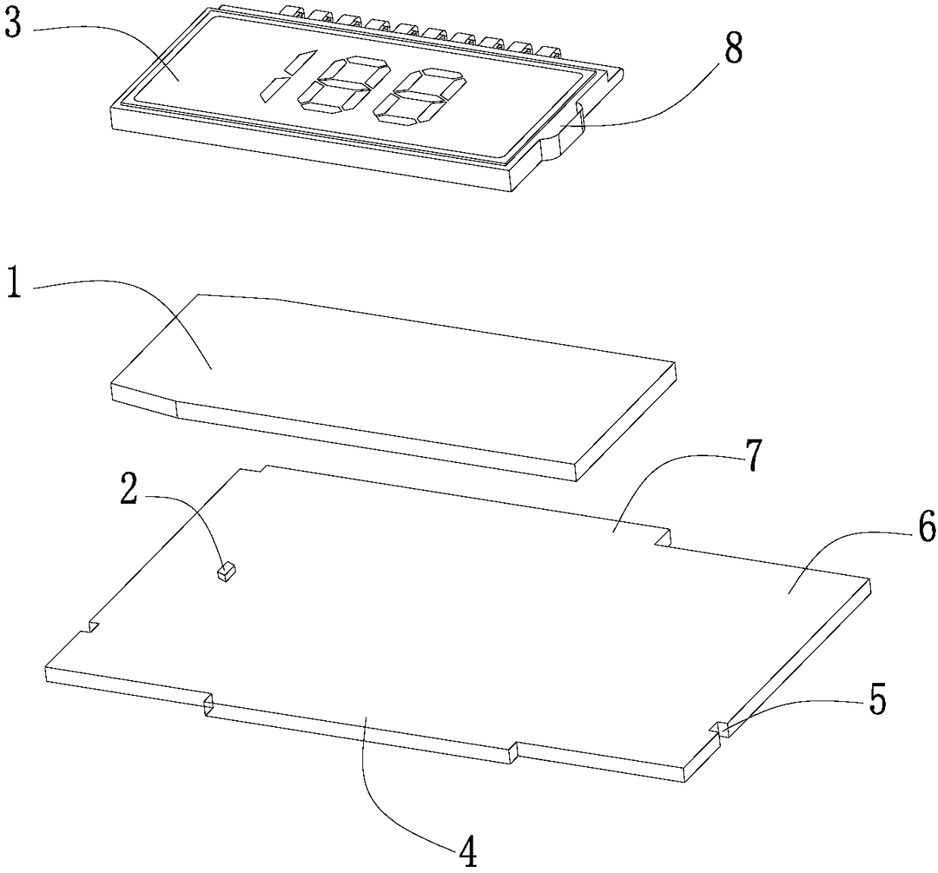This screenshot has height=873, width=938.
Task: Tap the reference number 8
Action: [733, 48]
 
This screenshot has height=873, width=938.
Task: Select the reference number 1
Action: [14, 282]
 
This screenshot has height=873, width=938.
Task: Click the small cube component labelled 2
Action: [225, 572]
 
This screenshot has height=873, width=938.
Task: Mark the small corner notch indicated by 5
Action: [722, 730]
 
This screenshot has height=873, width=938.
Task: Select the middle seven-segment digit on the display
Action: [344, 85]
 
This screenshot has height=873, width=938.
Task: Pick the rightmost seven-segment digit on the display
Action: [419, 98]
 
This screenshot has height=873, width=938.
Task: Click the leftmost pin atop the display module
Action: [294, 12]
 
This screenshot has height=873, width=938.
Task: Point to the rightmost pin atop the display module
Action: [549, 52]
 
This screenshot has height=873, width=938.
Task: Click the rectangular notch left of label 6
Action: [663, 538]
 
